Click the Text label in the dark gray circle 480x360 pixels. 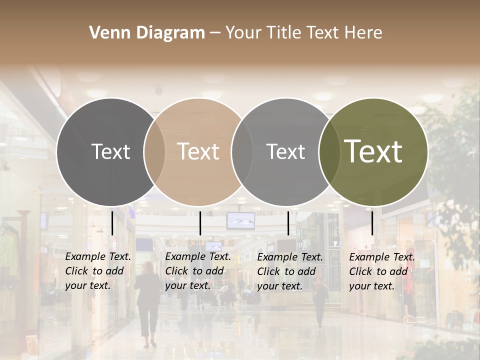coord(110,151)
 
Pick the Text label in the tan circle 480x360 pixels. coord(198,151)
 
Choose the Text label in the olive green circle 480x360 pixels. coord(373,151)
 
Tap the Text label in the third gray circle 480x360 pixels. coord(286,151)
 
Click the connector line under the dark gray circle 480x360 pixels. coord(112,222)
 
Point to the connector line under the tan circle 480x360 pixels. coord(200,223)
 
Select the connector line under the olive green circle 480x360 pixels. coord(372,222)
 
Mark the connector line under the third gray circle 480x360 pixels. coord(288,222)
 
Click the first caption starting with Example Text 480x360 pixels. coord(98,271)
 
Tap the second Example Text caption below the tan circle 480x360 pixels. coord(198,271)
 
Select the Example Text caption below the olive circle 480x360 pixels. coord(382,271)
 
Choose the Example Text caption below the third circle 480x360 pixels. coord(290,271)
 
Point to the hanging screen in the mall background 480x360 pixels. coord(240,220)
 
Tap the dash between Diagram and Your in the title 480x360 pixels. coord(215,33)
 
